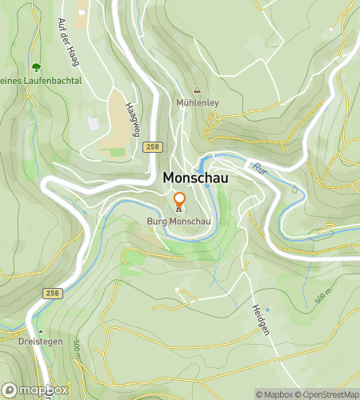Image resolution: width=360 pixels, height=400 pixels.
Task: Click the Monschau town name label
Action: click(x=195, y=178)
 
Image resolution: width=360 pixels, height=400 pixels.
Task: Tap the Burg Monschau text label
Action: click(x=179, y=221)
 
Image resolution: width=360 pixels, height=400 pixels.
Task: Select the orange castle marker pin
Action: click(x=179, y=200)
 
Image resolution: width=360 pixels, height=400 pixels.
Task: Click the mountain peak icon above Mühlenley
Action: click(x=197, y=90)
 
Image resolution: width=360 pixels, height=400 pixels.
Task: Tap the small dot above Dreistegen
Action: click(x=39, y=330)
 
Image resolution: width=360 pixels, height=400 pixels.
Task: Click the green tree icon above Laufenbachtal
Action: click(x=35, y=66)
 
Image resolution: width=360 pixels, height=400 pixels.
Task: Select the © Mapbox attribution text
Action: click(x=274, y=394)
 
